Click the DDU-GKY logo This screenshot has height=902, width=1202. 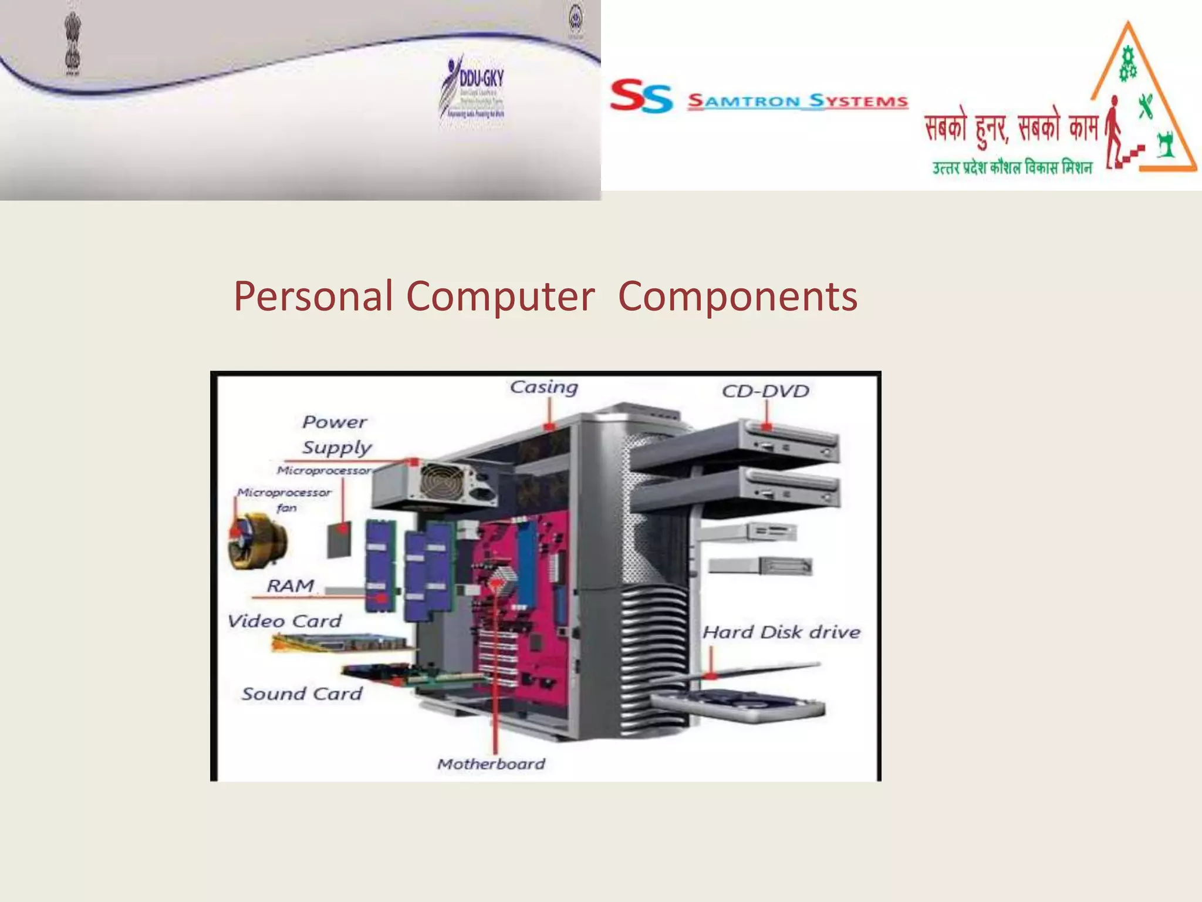coord(473,88)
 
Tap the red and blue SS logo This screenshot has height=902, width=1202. coord(641,96)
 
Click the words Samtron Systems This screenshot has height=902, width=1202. coord(798,101)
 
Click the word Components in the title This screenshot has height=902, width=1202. coord(738,296)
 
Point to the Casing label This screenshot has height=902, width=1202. coord(543,387)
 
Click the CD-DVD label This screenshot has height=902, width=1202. coord(765,391)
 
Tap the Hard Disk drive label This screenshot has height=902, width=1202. coord(781,632)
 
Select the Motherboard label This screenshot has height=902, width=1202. coord(491,763)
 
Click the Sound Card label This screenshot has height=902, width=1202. coord(302,694)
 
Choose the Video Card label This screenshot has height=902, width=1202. coord(285,621)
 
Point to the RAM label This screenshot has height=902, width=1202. coord(291,585)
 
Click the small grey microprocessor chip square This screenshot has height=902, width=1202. coord(339,538)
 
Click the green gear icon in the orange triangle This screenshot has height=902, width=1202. coord(1127,65)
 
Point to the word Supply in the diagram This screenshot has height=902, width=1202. coord(337,447)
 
